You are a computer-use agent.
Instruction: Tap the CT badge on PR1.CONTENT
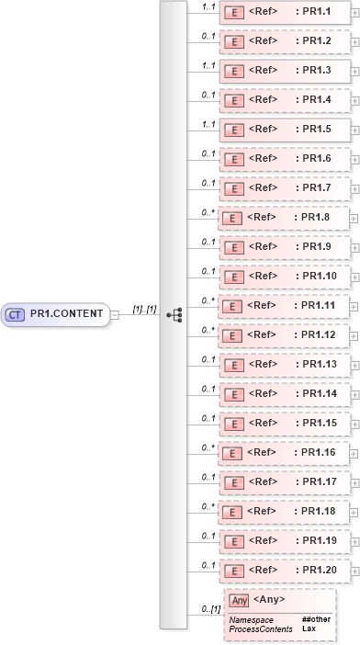[x=16, y=314]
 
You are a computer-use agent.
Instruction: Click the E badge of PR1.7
[x=233, y=188]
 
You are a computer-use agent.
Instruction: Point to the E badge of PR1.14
[x=233, y=394]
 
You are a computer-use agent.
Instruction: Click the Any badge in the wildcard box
[x=239, y=600]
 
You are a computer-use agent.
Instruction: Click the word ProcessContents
[x=260, y=628]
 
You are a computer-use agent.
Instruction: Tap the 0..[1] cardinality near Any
[x=210, y=609]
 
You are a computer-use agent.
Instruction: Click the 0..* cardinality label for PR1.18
[x=208, y=505]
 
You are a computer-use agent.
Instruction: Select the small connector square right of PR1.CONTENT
[x=115, y=315]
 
